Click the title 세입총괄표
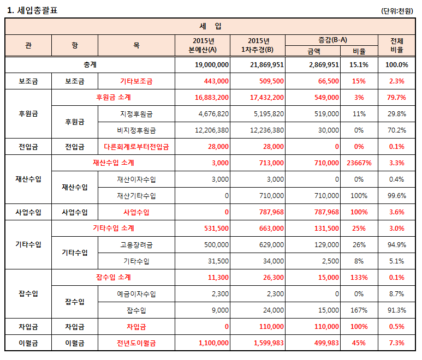pos(32,10)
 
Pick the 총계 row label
pos(90,65)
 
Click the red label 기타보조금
pos(136,81)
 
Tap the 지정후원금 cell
pos(136,114)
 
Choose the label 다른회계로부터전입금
pos(136,147)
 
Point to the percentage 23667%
pos(359,163)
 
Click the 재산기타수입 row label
pos(136,196)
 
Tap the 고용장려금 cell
pos(136,245)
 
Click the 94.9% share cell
pos(397,245)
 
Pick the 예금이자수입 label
pos(136,294)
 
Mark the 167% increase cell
pos(359,310)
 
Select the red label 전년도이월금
pos(136,343)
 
